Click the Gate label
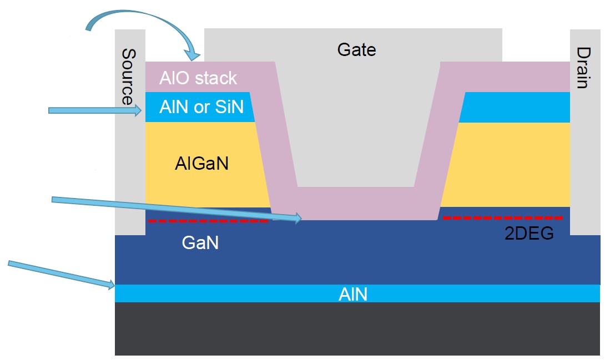[x=356, y=50]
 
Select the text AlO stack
[x=198, y=78]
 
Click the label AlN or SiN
[x=201, y=106]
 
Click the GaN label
[x=200, y=242]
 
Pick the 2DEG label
[x=528, y=234]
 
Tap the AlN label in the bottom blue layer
[x=353, y=293]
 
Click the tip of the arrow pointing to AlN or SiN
[x=142, y=111]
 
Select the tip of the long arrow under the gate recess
[x=300, y=219]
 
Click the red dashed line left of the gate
[x=208, y=221]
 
